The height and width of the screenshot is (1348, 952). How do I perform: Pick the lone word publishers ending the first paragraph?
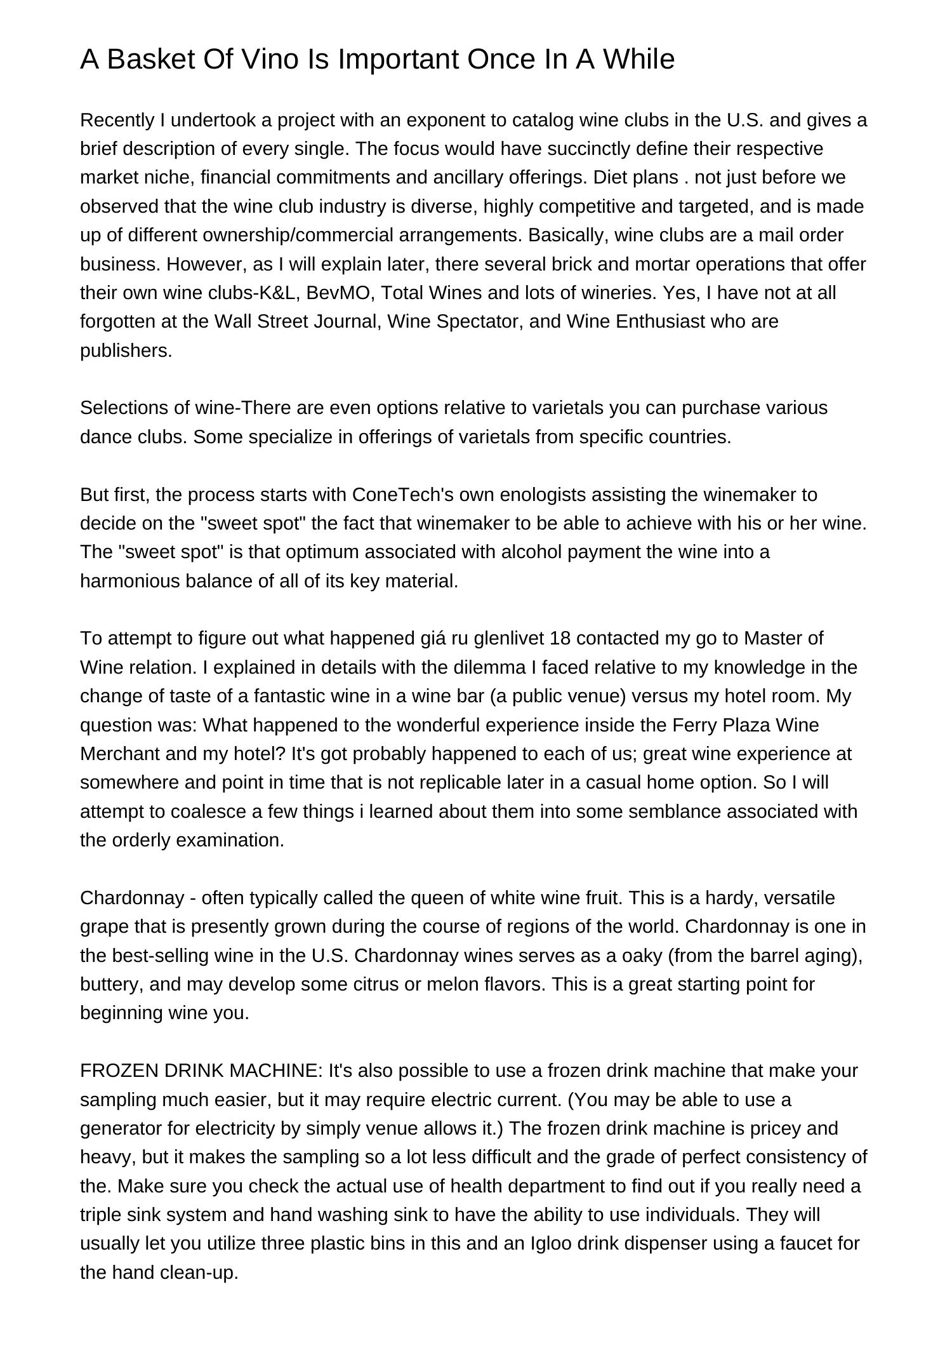pos(126,350)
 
